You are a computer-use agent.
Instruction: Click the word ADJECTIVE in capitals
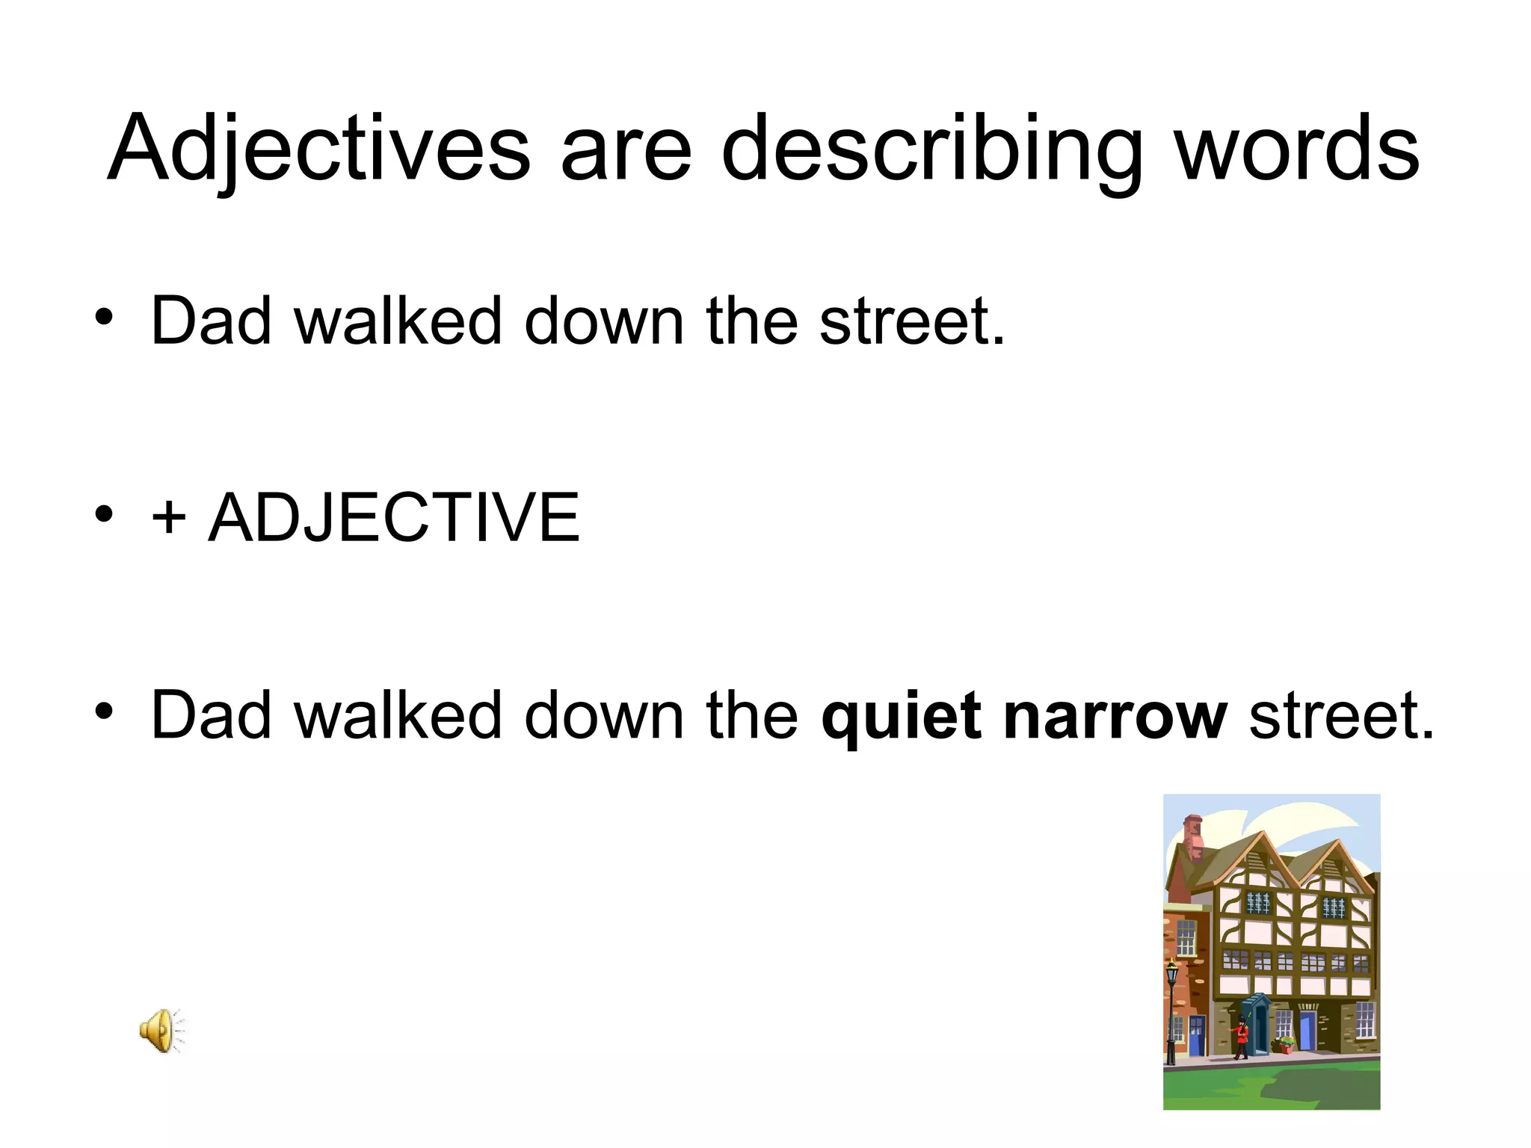pyautogui.click(x=394, y=517)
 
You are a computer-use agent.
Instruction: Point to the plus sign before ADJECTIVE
pyautogui.click(x=168, y=517)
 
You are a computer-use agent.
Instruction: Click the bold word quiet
pyautogui.click(x=901, y=716)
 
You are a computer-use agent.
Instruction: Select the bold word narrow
pyautogui.click(x=1115, y=716)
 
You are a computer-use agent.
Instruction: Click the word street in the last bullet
pyautogui.click(x=1340, y=716)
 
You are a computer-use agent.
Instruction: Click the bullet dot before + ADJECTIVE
pyautogui.click(x=104, y=513)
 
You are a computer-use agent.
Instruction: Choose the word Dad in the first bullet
pyautogui.click(x=211, y=321)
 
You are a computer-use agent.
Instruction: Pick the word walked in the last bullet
pyautogui.click(x=398, y=716)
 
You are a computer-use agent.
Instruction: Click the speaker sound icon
pyautogui.click(x=160, y=1031)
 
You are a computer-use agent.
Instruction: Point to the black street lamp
pyautogui.click(x=1171, y=1009)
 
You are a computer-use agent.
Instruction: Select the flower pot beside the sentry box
pyautogui.click(x=1286, y=1044)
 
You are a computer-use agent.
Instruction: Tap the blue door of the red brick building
pyautogui.click(x=1196, y=1034)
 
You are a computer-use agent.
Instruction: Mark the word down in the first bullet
pyautogui.click(x=604, y=321)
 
